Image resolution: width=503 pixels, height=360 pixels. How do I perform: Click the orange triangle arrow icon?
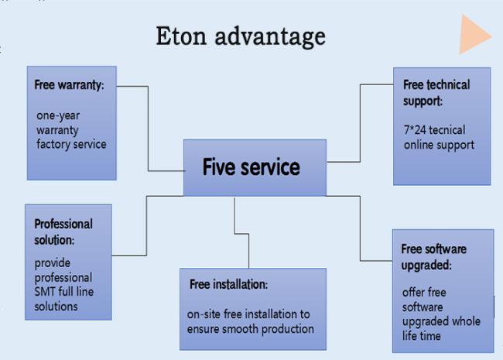click(472, 34)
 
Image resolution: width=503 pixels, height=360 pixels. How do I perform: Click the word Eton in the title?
click(181, 36)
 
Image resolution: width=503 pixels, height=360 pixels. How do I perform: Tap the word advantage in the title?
click(270, 37)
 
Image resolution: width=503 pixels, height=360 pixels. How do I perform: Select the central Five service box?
click(255, 167)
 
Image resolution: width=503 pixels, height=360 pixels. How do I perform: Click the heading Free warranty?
click(70, 85)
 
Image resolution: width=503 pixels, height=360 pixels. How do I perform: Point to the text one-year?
click(58, 116)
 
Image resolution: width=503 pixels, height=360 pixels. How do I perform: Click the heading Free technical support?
click(436, 93)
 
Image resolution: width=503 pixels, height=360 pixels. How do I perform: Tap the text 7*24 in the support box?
click(415, 130)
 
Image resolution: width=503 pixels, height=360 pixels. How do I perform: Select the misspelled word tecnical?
click(447, 130)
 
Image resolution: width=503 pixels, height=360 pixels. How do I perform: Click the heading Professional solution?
click(63, 232)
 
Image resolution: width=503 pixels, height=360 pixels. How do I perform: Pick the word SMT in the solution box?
click(45, 292)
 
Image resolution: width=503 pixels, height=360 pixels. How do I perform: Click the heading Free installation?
click(228, 284)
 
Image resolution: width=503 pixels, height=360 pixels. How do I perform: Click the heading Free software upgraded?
click(433, 257)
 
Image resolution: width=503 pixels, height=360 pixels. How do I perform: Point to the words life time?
click(421, 336)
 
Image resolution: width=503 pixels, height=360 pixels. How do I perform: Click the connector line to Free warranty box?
click(148, 129)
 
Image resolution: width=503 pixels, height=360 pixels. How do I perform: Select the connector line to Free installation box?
click(241, 234)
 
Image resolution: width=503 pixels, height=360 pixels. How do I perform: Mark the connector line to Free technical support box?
click(360, 123)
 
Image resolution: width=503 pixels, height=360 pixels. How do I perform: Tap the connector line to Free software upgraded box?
click(360, 228)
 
